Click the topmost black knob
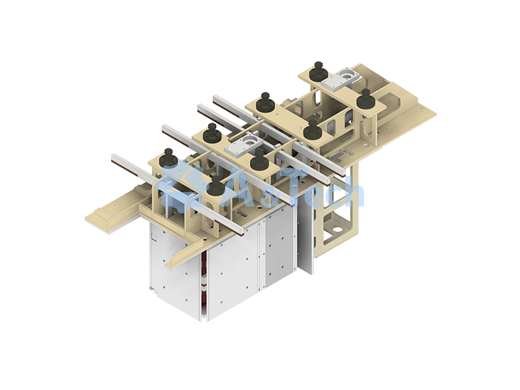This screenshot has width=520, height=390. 319,71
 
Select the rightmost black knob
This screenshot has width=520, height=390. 365,98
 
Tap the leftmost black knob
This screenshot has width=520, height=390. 169,158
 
